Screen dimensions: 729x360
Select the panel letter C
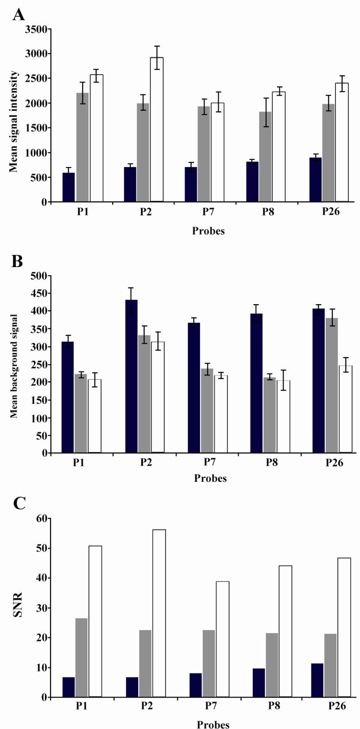tap(19, 503)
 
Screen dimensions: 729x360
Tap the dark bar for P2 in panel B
tap(132, 376)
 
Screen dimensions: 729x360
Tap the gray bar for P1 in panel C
tap(81, 658)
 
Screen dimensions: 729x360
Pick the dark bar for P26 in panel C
tap(318, 680)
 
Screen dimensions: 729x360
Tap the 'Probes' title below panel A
tap(208, 230)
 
